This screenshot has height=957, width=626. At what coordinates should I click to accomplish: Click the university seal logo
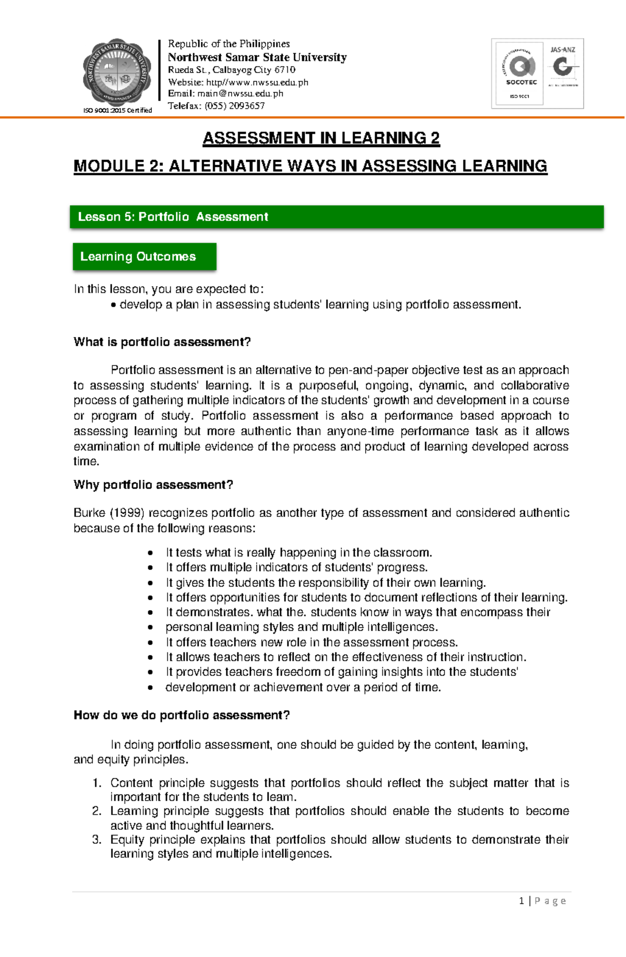tap(117, 72)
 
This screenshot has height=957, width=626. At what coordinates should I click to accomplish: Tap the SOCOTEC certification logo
tap(520, 73)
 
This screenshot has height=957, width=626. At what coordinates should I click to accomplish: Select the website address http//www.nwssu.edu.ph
tap(257, 82)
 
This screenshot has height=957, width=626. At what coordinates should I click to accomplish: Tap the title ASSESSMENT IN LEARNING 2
tap(321, 138)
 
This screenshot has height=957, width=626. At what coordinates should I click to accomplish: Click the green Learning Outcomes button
tap(145, 257)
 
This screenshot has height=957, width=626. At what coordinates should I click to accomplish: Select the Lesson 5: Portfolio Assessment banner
tap(336, 217)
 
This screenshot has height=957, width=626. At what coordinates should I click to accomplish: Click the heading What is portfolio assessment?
tap(162, 342)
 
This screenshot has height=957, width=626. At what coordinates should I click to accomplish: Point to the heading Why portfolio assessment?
tap(153, 485)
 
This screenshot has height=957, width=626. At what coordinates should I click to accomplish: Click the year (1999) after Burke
tap(127, 513)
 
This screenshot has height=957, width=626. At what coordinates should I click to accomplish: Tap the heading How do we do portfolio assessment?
tap(182, 715)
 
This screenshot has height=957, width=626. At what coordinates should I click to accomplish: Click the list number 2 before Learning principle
tap(97, 811)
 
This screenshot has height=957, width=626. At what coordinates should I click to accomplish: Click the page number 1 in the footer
tap(522, 901)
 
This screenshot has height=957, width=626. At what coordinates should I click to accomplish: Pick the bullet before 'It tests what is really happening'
tap(150, 553)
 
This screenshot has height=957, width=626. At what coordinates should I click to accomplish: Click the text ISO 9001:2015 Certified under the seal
tap(118, 111)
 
